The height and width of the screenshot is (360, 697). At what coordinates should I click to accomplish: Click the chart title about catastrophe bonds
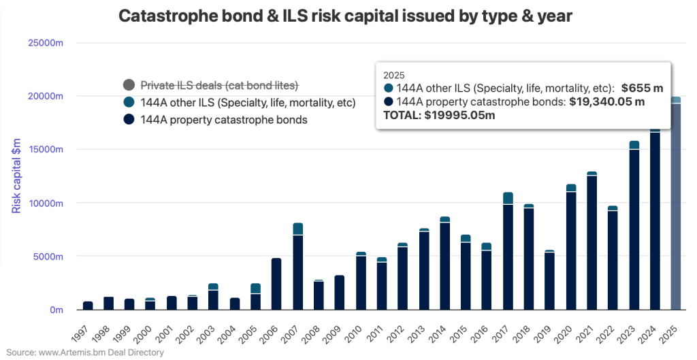tap(345, 17)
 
